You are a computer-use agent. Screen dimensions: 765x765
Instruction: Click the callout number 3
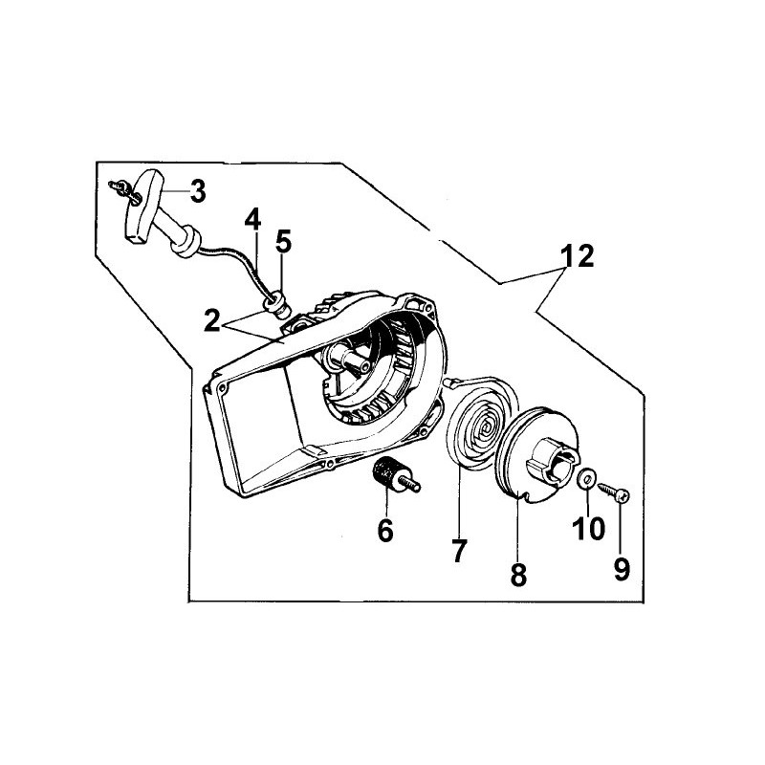(x=197, y=191)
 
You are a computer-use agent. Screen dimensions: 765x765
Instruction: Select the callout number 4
(x=252, y=220)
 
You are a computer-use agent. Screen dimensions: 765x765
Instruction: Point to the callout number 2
(x=211, y=321)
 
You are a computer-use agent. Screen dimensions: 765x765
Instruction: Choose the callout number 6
(x=385, y=530)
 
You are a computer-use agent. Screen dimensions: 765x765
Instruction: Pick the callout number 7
(x=459, y=551)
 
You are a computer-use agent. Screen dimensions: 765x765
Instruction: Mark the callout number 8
(x=518, y=575)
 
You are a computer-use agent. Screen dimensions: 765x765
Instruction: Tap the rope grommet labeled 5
(x=278, y=303)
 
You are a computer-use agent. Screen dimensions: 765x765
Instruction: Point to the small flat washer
(x=586, y=477)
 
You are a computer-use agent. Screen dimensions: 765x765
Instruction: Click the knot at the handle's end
(x=124, y=189)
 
